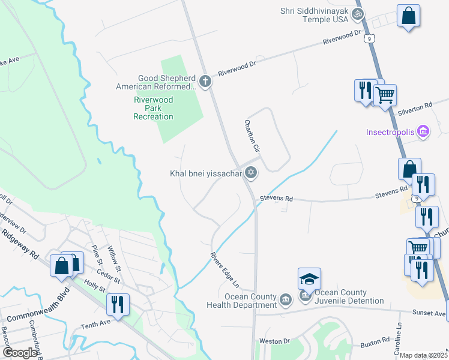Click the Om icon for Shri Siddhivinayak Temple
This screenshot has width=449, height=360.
[x=358, y=13]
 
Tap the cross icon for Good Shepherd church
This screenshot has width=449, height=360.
[x=205, y=81]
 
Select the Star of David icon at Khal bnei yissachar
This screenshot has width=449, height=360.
[x=251, y=173]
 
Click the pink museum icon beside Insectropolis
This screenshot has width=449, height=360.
[x=423, y=131]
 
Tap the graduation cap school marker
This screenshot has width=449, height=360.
[x=309, y=280]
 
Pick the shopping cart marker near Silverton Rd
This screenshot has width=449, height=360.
[x=385, y=94]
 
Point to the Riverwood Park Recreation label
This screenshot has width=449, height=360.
[x=153, y=108]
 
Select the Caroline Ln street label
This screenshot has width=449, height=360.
[x=398, y=332]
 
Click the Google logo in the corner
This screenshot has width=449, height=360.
[x=20, y=352]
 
